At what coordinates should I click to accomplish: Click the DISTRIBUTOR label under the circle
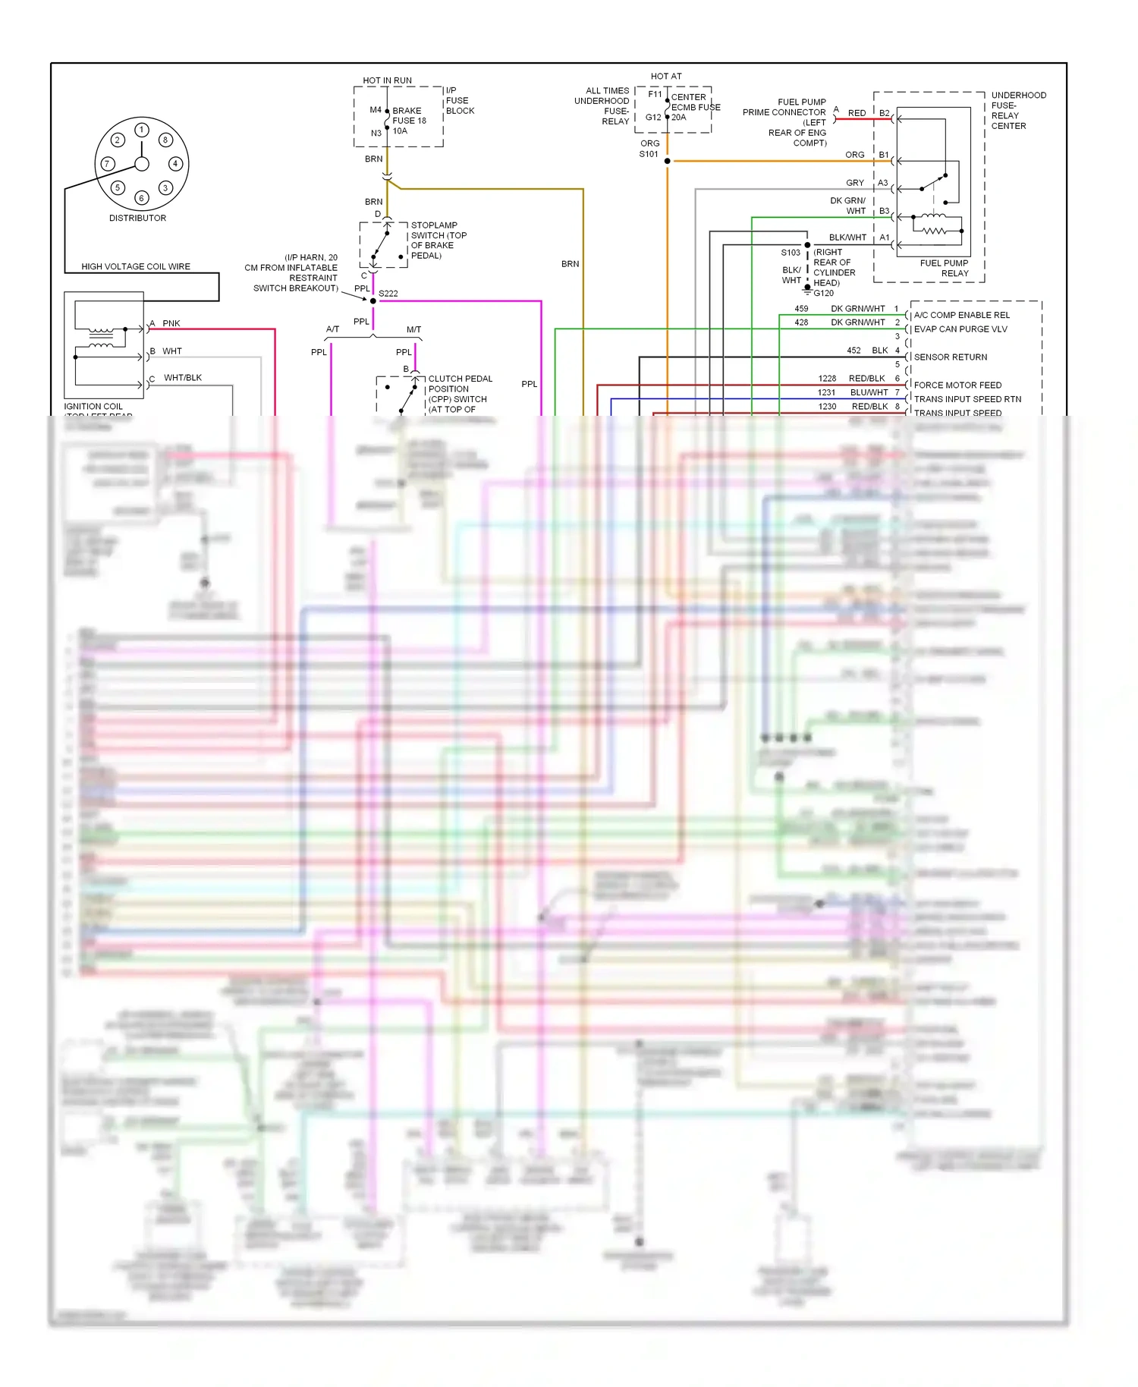[x=137, y=218]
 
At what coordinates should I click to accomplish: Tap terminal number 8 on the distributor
[x=165, y=140]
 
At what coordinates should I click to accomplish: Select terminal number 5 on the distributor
[x=118, y=187]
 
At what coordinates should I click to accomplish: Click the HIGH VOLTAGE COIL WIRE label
[x=136, y=266]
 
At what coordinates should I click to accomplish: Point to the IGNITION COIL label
[x=93, y=407]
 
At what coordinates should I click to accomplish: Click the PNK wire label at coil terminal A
[x=171, y=323]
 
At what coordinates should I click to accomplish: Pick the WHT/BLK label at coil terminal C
[x=183, y=378]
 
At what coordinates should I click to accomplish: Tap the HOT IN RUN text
[x=387, y=80]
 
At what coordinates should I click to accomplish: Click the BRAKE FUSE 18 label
[x=409, y=115]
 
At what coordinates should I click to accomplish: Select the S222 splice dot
[x=373, y=301]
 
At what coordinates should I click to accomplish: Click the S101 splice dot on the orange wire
[x=668, y=161]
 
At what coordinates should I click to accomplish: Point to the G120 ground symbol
[x=807, y=291]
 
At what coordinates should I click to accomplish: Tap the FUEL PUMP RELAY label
[x=945, y=268]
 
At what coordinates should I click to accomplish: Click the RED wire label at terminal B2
[x=857, y=113]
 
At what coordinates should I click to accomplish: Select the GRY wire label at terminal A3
[x=855, y=183]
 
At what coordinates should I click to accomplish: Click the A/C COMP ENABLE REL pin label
[x=962, y=315]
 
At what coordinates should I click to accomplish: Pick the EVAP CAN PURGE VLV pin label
[x=960, y=329]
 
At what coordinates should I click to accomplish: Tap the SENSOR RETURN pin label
[x=951, y=357]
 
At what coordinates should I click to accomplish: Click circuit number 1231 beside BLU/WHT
[x=826, y=392]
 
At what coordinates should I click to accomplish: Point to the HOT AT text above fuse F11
[x=666, y=77]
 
